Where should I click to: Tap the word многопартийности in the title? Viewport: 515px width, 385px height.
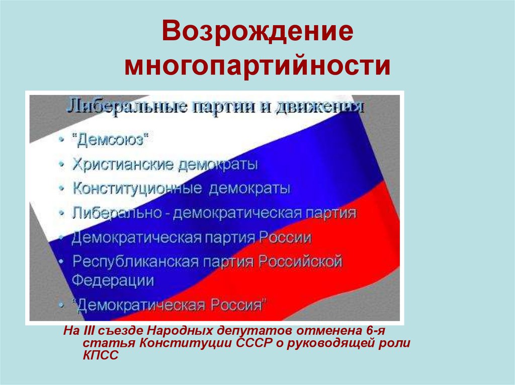[x=257, y=66]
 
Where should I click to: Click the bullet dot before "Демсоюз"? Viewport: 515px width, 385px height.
[x=61, y=140]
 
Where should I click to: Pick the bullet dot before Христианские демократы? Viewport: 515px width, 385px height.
[x=61, y=165]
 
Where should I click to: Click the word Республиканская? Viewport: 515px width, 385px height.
[x=135, y=262]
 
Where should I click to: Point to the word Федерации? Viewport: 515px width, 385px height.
[x=113, y=280]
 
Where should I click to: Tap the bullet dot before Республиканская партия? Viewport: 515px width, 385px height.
[x=61, y=262]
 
